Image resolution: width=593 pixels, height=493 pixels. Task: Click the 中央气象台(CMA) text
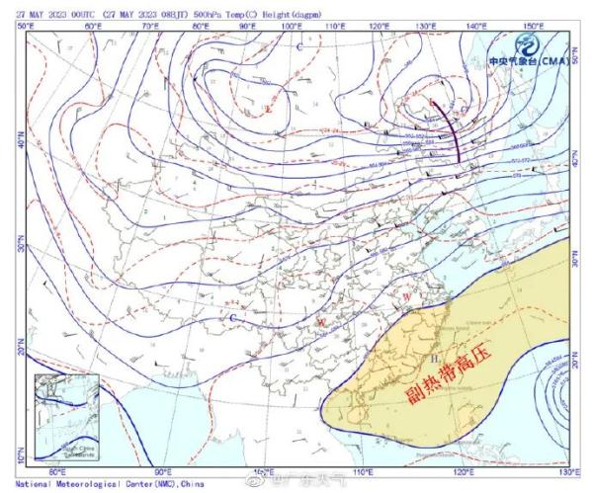coord(524,60)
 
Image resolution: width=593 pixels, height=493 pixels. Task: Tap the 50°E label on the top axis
coord(27,25)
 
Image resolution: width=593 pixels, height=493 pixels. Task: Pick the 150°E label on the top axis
coord(530,25)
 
